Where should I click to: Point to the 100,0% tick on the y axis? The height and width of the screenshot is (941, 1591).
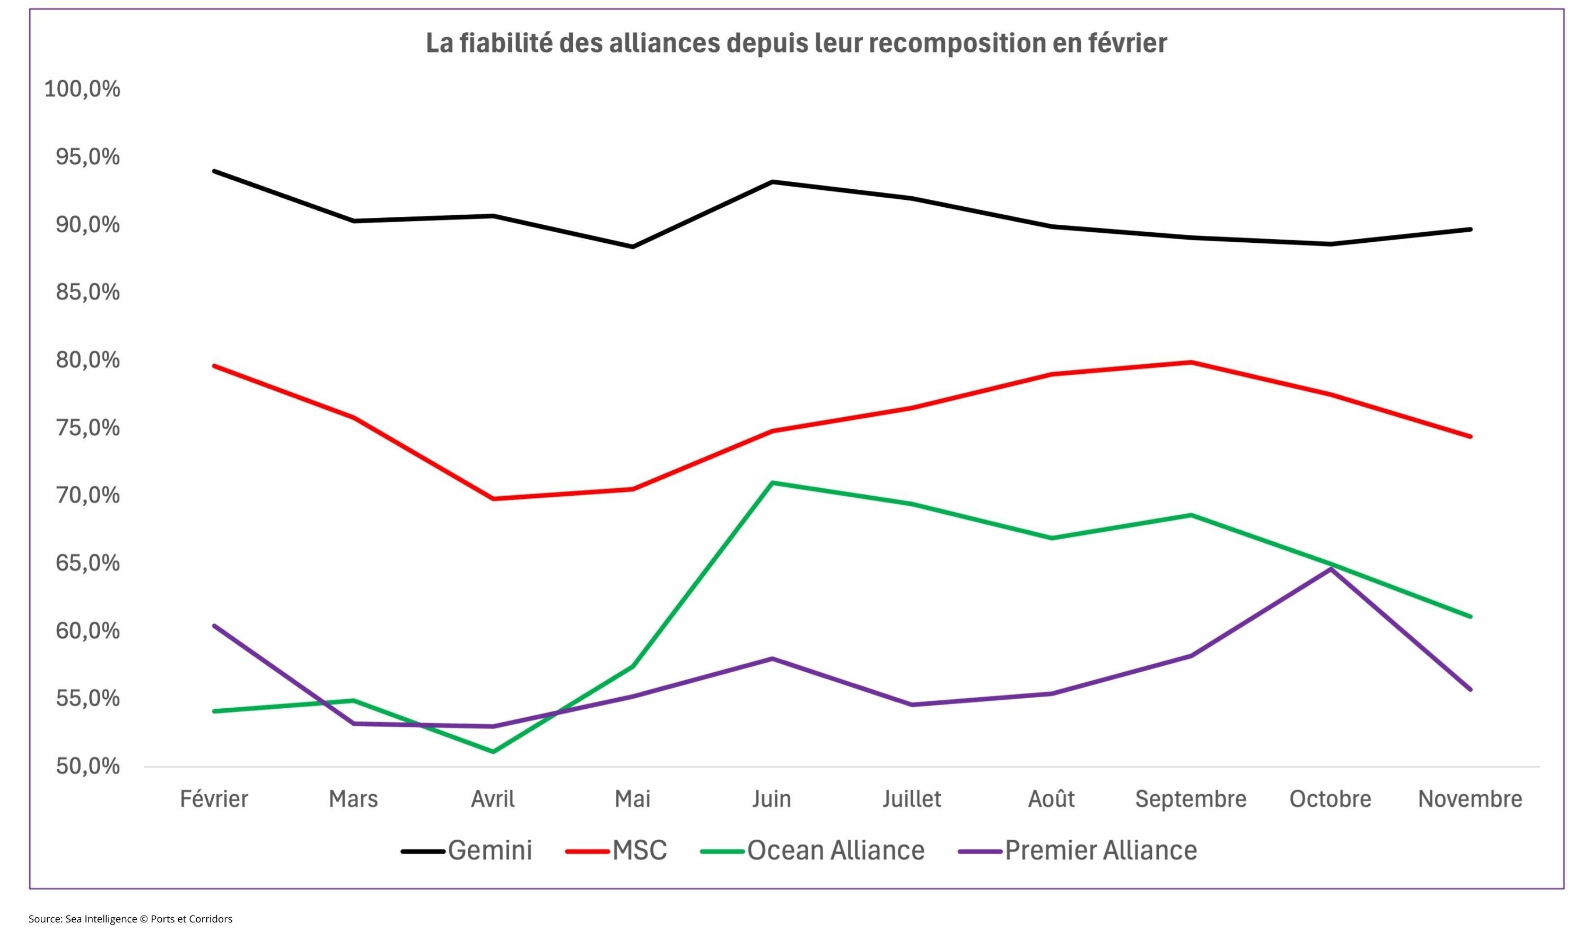(x=82, y=89)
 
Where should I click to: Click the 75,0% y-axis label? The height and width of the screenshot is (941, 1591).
(x=88, y=428)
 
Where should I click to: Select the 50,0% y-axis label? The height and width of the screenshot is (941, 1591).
(x=88, y=766)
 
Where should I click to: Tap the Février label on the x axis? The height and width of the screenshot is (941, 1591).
(x=214, y=799)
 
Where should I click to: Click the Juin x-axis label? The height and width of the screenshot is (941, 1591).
(x=772, y=799)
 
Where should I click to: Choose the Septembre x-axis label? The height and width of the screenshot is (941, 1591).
(x=1190, y=799)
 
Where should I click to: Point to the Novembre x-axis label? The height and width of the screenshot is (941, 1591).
(x=1470, y=799)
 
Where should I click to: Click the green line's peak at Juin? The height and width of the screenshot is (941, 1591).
(x=772, y=482)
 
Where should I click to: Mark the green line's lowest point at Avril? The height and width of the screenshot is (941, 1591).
(x=493, y=752)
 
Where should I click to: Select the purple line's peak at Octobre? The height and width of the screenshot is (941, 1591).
(x=1331, y=569)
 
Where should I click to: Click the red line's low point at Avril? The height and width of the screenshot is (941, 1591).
(x=493, y=499)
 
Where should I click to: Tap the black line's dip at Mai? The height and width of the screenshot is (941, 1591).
(x=632, y=247)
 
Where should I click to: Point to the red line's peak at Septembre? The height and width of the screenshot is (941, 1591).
(x=1191, y=362)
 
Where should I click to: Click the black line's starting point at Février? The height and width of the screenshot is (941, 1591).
(x=214, y=171)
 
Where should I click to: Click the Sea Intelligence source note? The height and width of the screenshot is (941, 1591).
(x=130, y=919)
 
